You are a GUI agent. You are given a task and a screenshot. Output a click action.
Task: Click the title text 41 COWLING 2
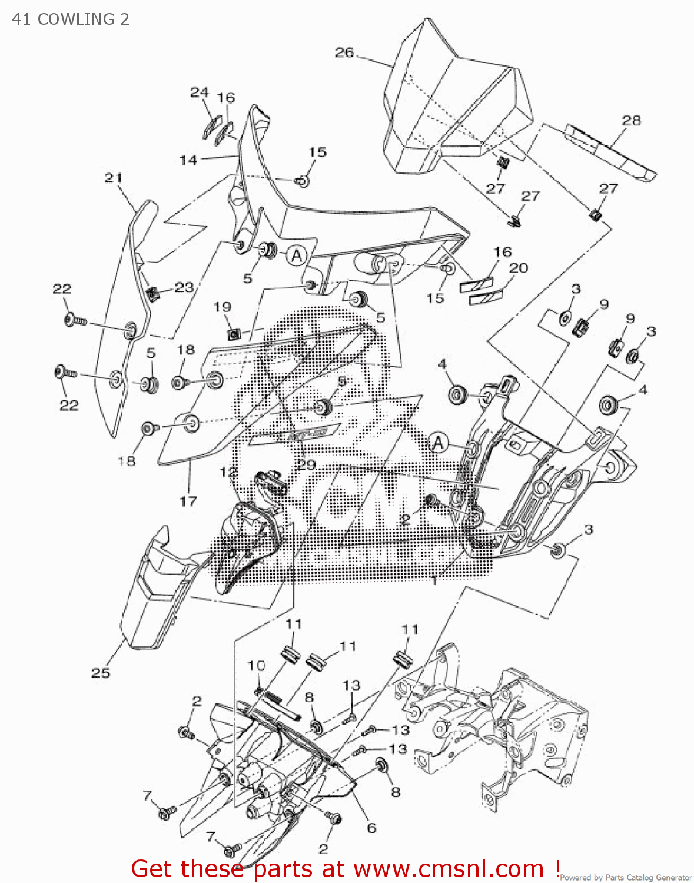(x=71, y=19)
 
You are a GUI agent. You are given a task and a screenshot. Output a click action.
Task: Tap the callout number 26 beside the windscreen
(x=344, y=52)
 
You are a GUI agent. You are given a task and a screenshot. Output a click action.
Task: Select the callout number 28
(x=631, y=120)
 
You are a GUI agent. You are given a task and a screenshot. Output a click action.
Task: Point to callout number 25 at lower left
(x=101, y=672)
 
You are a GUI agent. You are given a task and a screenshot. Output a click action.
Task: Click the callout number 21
(x=113, y=178)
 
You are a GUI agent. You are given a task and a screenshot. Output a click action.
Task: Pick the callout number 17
(x=188, y=501)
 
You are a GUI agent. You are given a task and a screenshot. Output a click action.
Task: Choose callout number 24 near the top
(x=200, y=92)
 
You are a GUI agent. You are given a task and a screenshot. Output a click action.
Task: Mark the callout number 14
(x=188, y=160)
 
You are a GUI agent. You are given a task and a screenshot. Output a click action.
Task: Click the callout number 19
(x=223, y=307)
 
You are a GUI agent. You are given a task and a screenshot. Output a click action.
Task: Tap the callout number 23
(x=184, y=287)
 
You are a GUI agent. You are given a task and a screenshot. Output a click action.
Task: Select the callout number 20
(x=518, y=268)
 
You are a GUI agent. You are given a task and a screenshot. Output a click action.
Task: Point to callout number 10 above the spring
(x=257, y=665)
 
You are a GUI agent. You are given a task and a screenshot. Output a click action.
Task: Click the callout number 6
(x=371, y=828)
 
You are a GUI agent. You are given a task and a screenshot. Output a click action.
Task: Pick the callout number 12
(x=228, y=472)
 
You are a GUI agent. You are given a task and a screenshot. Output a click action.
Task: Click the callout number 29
(x=306, y=464)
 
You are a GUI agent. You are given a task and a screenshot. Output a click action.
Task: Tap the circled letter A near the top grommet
(x=297, y=255)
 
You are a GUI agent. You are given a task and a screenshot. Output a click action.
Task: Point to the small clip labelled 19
(x=234, y=334)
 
